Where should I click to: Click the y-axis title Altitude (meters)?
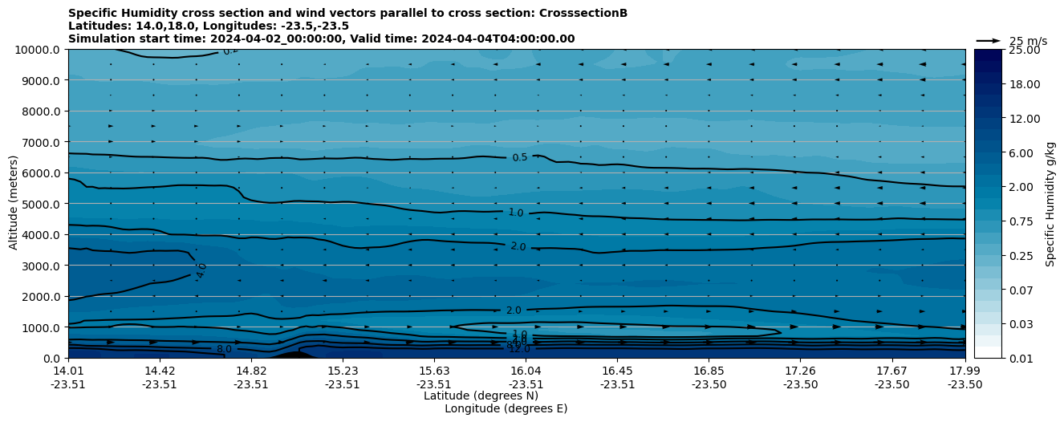[x=14, y=204]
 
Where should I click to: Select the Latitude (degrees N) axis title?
[x=481, y=396]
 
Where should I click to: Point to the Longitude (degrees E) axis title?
[x=506, y=408]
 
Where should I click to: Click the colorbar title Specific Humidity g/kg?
[x=1050, y=204]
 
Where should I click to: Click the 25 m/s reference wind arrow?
[x=988, y=41]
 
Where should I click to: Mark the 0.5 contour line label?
[x=520, y=157]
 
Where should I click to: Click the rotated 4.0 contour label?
[x=201, y=270]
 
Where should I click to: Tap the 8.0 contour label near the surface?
[x=224, y=349]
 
